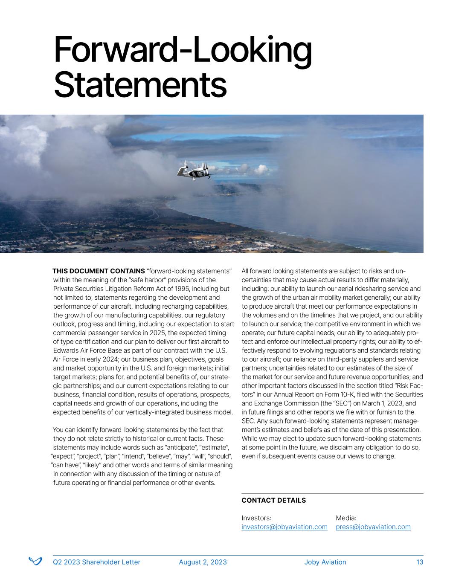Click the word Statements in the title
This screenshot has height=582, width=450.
tap(140, 85)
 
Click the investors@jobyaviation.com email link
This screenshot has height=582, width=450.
tap(284, 527)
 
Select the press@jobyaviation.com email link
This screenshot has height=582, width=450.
tap(373, 527)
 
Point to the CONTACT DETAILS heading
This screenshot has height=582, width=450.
tap(273, 501)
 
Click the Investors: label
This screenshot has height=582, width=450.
tap(256, 518)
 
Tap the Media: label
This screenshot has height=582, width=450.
tap(346, 518)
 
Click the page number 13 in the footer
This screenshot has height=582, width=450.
tap(420, 562)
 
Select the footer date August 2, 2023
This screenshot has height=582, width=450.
tap(203, 562)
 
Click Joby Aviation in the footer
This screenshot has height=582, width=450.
tap(325, 562)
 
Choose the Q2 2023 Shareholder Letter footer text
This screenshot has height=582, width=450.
tap(96, 562)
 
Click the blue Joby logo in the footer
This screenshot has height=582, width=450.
tap(35, 562)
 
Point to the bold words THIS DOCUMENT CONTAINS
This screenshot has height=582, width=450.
tap(99, 271)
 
